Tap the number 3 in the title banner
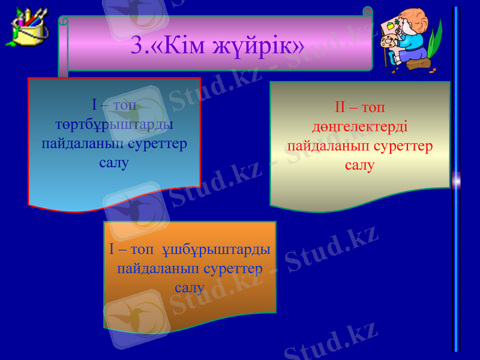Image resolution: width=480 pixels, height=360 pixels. [x=137, y=45]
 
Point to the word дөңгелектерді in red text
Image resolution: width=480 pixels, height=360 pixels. [x=360, y=128]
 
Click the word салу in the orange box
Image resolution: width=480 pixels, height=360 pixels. [x=190, y=287]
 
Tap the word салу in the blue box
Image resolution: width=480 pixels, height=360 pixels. [x=114, y=163]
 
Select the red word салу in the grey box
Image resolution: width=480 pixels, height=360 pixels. [x=360, y=165]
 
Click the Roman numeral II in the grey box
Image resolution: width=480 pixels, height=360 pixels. [x=340, y=109]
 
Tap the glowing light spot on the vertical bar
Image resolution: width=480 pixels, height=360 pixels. [x=456, y=179]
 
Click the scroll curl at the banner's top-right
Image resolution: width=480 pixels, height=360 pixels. [x=367, y=11]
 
